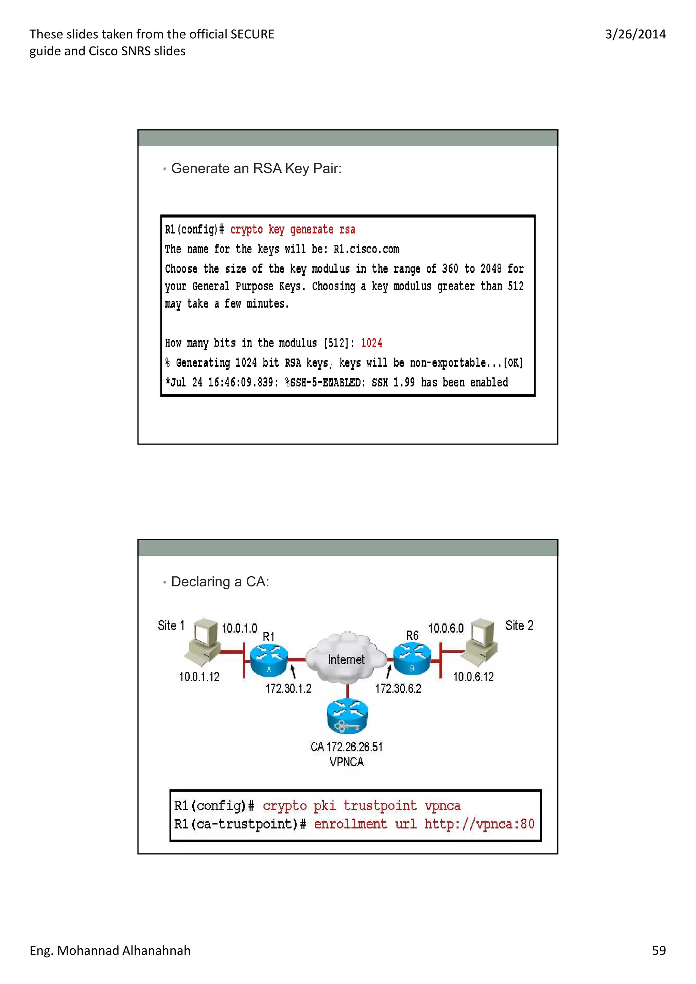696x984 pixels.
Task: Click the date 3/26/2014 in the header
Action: pos(635,34)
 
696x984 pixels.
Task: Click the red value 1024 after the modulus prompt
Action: pos(371,343)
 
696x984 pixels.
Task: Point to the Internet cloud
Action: pos(346,657)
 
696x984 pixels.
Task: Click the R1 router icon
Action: pos(269,660)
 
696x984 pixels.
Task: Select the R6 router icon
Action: pos(412,659)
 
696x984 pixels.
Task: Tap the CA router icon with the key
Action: pos(347,716)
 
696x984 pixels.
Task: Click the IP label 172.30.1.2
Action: pos(288,689)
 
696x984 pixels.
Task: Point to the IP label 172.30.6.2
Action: pos(398,689)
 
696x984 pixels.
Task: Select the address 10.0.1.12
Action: pos(199,677)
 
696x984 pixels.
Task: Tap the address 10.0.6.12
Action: pos(473,677)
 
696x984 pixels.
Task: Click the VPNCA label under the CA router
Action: pos(347,762)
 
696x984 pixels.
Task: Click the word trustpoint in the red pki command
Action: pos(380,806)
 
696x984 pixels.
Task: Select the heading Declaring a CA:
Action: pos(220,582)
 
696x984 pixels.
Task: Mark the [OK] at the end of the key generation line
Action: pos(513,363)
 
